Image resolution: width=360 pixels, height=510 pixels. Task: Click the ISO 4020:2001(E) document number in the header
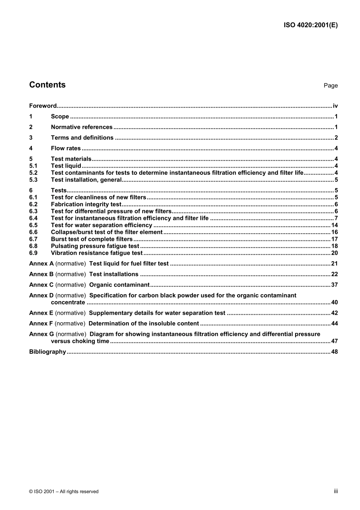pos(310,25)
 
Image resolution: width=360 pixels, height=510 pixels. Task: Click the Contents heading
pos(47,85)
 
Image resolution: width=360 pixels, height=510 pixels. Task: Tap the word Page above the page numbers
pos(330,86)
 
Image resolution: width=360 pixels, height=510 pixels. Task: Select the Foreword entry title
pos(43,106)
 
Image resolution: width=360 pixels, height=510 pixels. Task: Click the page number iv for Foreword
pos(335,106)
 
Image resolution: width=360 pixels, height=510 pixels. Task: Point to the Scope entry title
pos(60,116)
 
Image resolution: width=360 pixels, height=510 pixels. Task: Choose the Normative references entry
pos(81,127)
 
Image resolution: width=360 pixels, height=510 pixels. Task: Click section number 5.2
pos(33,173)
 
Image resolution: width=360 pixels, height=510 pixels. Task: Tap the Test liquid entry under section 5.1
pos(66,166)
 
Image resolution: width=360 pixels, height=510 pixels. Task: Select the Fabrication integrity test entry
pos(86,204)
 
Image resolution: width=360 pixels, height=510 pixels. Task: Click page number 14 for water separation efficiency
pos(334,225)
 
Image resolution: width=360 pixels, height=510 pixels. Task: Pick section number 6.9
pos(33,253)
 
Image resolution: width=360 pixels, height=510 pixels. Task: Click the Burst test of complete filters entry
pos(92,239)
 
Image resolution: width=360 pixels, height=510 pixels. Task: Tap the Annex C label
pos(41,285)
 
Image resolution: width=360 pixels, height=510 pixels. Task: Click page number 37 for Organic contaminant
pos(334,285)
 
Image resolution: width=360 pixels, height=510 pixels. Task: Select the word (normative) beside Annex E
pos(70,313)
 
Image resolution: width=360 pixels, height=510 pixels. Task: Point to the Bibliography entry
pos(47,352)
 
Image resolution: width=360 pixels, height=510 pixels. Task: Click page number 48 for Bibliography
pos(334,352)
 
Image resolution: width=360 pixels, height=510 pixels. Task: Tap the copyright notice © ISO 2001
pos(64,491)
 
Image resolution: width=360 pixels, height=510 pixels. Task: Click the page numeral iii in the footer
pos(336,491)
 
